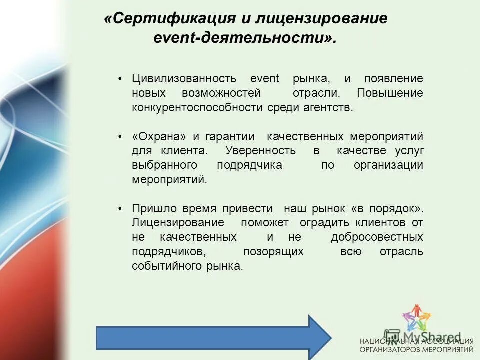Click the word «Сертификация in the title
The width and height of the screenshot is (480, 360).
[170, 18]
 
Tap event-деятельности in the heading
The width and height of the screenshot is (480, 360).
[245, 38]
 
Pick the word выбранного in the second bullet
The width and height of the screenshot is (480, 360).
[164, 165]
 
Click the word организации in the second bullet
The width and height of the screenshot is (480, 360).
[389, 165]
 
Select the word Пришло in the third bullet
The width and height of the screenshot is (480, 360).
[150, 208]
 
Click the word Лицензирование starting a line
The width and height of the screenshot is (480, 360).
[178, 222]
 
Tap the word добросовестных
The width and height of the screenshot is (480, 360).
[377, 237]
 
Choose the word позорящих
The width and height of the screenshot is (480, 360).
[273, 251]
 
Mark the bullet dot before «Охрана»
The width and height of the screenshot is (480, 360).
[120, 137]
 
